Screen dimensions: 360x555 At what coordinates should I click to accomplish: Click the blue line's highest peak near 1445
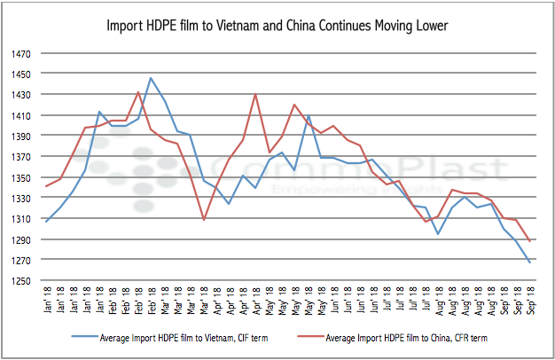click(x=151, y=78)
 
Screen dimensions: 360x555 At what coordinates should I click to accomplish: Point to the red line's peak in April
click(x=255, y=94)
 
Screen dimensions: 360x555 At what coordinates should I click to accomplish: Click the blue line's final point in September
click(x=530, y=262)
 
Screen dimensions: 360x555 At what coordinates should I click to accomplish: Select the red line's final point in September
click(x=530, y=241)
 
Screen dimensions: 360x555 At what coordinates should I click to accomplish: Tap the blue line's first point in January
click(x=46, y=221)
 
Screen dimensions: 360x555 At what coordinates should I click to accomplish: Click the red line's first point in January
click(x=46, y=186)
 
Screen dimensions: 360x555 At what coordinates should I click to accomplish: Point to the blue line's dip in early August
click(x=438, y=234)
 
